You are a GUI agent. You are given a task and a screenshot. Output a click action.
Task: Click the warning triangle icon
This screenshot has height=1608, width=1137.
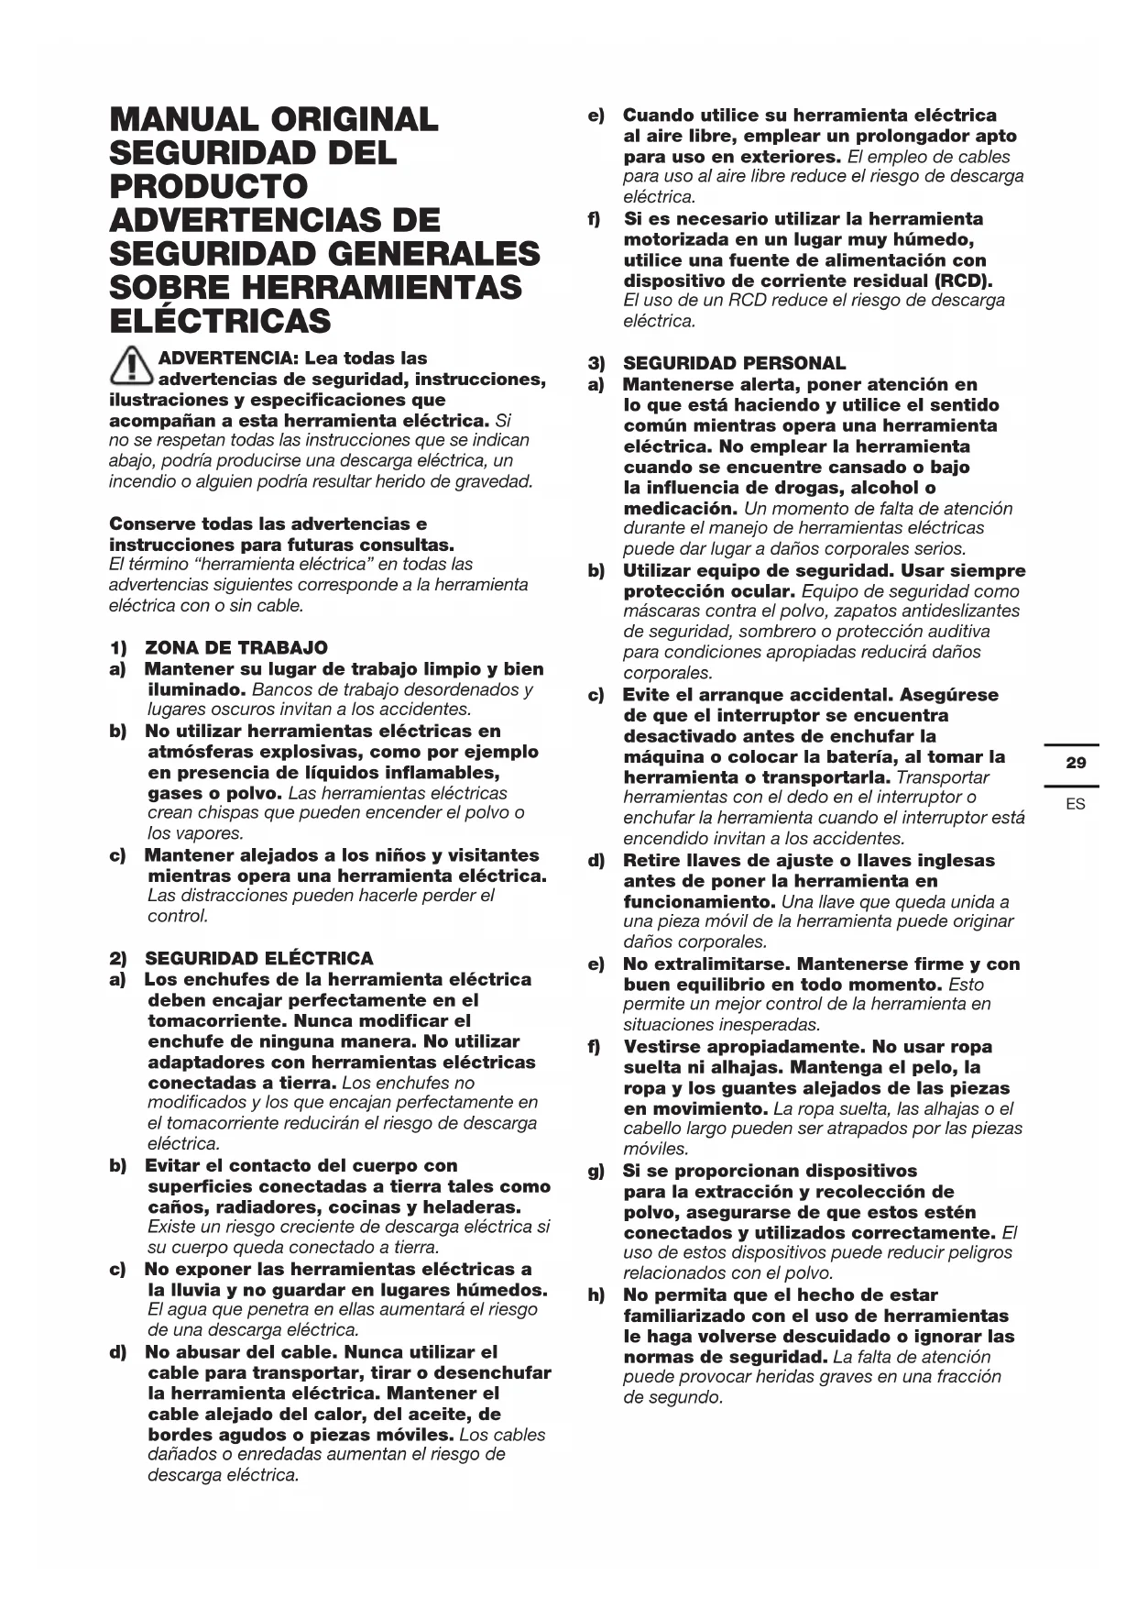click(132, 367)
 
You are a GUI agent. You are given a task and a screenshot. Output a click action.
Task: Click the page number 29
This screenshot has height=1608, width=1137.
click(1077, 763)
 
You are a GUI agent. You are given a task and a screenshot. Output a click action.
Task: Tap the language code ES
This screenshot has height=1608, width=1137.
click(1076, 804)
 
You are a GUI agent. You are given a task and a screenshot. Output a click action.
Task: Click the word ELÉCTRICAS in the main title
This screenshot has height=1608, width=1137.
click(220, 322)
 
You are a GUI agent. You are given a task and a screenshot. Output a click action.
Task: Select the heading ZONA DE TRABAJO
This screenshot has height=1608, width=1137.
click(236, 648)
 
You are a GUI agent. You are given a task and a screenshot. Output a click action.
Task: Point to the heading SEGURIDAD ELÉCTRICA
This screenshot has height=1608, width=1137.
click(259, 959)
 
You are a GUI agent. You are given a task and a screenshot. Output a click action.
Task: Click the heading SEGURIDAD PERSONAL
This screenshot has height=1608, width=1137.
click(735, 364)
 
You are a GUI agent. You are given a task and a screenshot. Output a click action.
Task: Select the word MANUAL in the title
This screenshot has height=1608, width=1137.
click(184, 120)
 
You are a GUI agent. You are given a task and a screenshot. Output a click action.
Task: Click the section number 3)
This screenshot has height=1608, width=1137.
click(596, 364)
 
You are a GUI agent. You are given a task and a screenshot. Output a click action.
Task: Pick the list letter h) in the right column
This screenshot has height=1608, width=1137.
click(596, 1295)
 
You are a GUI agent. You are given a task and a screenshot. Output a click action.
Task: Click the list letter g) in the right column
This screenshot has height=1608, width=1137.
click(596, 1172)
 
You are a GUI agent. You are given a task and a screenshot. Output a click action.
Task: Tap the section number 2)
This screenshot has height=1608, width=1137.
click(118, 959)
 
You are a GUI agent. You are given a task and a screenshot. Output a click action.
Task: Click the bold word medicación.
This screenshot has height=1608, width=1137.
click(681, 509)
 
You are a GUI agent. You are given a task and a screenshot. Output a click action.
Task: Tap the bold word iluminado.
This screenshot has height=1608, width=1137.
click(196, 689)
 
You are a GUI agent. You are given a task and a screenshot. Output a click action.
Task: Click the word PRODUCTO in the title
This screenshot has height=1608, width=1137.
click(209, 187)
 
